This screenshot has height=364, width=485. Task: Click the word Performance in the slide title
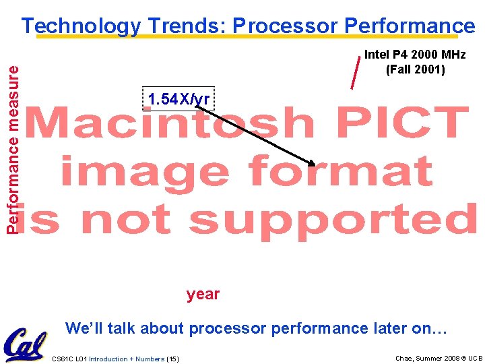[410, 26]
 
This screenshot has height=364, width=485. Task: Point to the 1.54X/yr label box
[179, 99]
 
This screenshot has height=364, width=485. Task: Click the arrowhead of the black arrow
[312, 163]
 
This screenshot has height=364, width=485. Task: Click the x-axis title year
[203, 294]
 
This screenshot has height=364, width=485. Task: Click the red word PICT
[398, 125]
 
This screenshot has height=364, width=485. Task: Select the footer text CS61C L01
[69, 359]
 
